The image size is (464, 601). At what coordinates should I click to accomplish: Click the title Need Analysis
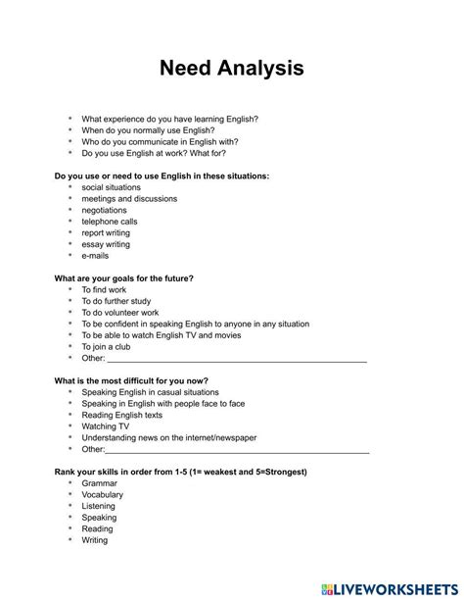232,69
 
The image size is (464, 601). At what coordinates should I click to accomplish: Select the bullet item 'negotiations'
104,210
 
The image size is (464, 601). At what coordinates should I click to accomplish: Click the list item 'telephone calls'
110,222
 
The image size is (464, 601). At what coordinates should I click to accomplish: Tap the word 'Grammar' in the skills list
100,483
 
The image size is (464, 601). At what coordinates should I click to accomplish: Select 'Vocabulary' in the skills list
104,494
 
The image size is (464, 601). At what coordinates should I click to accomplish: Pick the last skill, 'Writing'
95,540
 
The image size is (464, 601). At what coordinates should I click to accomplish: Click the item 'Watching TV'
105,426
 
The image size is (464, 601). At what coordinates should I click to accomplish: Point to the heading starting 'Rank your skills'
180,472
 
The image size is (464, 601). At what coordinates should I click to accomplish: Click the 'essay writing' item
106,244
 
